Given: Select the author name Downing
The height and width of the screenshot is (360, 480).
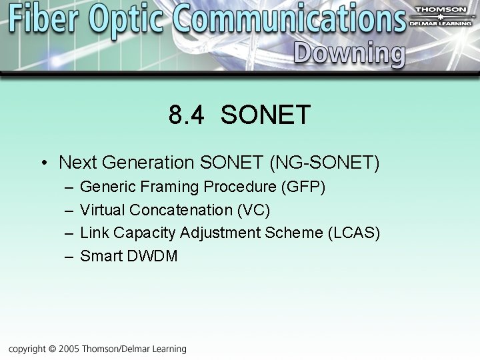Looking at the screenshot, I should (x=349, y=53).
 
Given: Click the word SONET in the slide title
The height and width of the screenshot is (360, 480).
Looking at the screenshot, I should (x=265, y=115).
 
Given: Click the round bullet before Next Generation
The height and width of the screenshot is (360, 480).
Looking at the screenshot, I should (x=43, y=163).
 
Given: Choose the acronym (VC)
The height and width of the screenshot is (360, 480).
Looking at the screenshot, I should (x=253, y=210).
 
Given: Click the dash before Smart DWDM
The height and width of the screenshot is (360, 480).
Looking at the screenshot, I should (x=69, y=256).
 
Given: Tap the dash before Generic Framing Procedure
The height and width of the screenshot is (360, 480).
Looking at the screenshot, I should (x=69, y=187).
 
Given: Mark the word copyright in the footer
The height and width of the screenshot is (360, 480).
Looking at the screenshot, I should (x=27, y=349).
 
